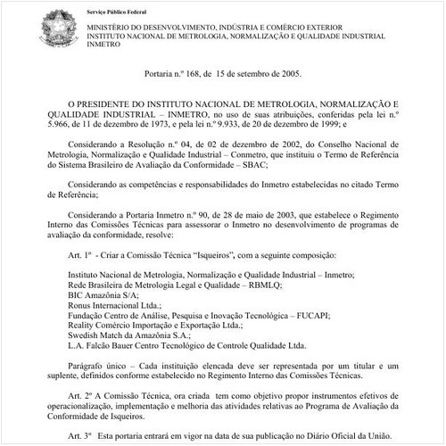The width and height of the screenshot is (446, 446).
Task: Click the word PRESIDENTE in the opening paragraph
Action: [117, 104]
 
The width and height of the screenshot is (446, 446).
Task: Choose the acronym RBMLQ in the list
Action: [258, 286]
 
